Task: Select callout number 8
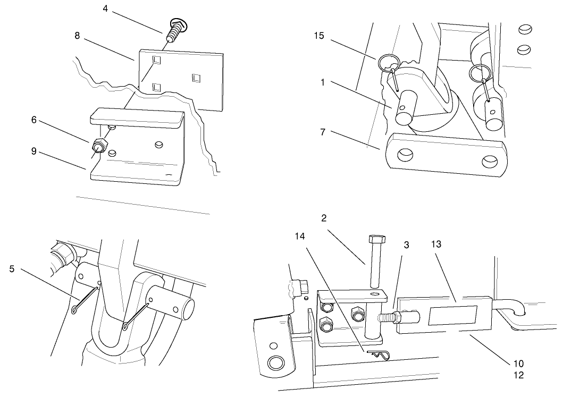point(78,36)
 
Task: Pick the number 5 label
point(12,268)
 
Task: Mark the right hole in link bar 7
point(489,159)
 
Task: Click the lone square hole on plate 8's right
point(196,79)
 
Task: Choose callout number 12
point(518,375)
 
